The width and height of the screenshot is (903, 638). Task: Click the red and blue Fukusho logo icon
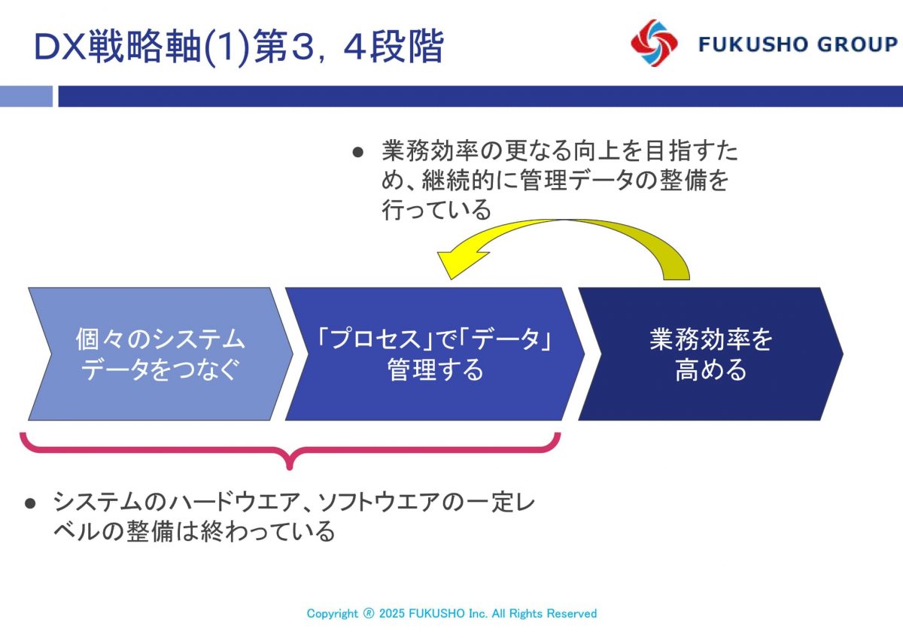click(x=654, y=43)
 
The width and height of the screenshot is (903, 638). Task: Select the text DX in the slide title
click(x=60, y=47)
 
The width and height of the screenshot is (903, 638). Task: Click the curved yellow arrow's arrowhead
click(x=463, y=263)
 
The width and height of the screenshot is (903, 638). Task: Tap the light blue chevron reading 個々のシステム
click(x=160, y=354)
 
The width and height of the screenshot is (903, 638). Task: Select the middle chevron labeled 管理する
click(x=435, y=354)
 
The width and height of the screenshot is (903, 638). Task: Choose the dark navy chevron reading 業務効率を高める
click(x=710, y=354)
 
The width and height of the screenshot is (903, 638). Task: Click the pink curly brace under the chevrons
click(x=290, y=449)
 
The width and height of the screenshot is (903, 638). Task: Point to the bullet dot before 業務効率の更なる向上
click(x=358, y=152)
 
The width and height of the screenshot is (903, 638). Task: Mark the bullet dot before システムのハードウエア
click(x=30, y=503)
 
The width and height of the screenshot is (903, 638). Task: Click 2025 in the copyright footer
click(x=392, y=613)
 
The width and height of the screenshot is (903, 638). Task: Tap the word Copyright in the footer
click(x=332, y=614)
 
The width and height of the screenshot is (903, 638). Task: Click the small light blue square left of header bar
click(x=26, y=96)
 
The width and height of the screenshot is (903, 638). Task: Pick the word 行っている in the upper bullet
click(x=436, y=210)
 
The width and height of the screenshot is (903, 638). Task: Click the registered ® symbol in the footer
click(x=369, y=613)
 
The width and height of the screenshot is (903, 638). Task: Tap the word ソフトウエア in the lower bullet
click(x=379, y=502)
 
